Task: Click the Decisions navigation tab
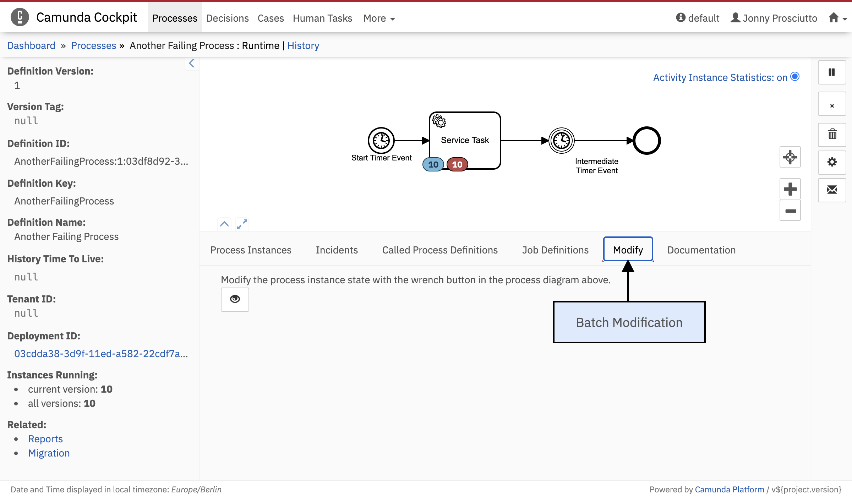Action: coord(227,18)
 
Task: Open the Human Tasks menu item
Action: coord(322,18)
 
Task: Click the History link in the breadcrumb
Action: coord(303,45)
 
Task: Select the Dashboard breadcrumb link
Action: coord(31,45)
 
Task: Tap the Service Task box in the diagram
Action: coord(465,141)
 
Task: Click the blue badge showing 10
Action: coord(433,164)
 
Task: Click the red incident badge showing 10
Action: coord(457,164)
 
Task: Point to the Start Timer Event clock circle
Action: coord(381,141)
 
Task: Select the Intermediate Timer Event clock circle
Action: coord(562,141)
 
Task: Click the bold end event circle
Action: coord(647,141)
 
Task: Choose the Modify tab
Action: coord(628,250)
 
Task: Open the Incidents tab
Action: coord(337,250)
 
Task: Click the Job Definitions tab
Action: coord(555,250)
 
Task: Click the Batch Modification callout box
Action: coord(629,322)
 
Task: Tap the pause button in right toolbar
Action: coord(832,72)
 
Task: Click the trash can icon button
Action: coord(832,135)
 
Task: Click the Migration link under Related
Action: coord(49,453)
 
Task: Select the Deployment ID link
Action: coord(101,354)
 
